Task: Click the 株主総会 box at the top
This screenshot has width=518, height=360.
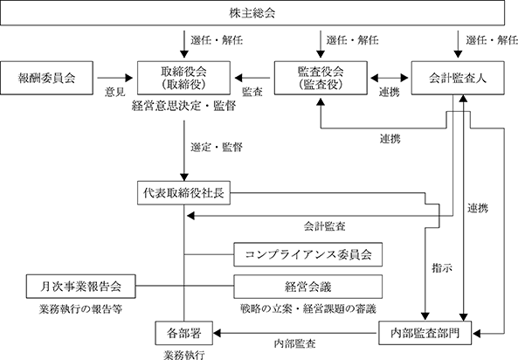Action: [252, 13]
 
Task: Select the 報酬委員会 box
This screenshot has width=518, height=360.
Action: [46, 78]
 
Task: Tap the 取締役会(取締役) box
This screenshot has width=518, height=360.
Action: [183, 78]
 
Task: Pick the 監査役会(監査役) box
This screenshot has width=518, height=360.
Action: [321, 78]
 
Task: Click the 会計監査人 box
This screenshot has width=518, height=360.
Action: [458, 78]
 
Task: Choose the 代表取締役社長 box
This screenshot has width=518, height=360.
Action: [183, 193]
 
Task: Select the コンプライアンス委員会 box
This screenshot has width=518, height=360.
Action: [307, 254]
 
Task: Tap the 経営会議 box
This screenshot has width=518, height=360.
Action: [307, 287]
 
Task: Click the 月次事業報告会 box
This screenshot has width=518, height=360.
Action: [81, 287]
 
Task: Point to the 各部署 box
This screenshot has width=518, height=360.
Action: [184, 333]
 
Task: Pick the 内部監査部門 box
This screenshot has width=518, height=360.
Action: [425, 333]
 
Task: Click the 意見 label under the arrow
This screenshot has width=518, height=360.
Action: [115, 92]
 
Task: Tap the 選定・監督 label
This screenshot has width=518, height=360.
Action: [217, 147]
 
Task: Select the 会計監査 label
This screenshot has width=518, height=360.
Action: [324, 226]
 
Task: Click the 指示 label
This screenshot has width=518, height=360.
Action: [442, 267]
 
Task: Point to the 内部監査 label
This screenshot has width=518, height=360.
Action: [294, 343]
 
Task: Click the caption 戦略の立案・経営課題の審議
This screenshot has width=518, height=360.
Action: [307, 308]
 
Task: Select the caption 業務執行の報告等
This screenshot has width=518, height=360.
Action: [80, 308]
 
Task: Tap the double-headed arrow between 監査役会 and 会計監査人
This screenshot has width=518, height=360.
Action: [390, 78]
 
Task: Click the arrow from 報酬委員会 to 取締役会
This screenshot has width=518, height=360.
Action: [115, 78]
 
